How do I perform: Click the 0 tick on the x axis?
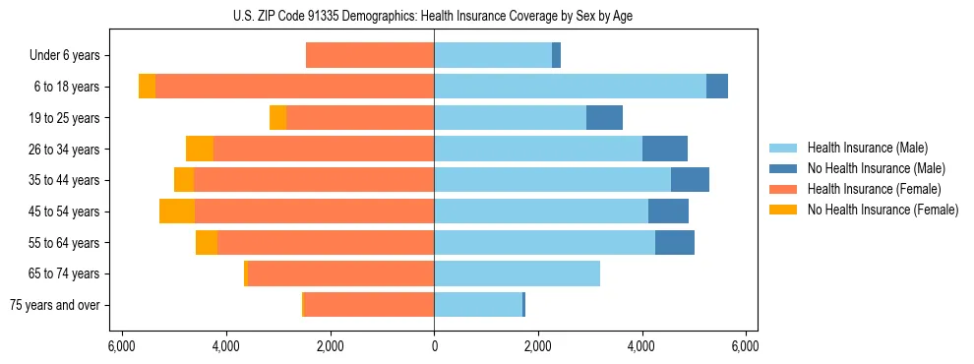[x=434, y=345]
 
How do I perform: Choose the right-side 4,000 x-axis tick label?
[x=641, y=345]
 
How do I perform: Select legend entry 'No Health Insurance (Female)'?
[x=883, y=210]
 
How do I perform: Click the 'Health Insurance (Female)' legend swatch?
[x=784, y=189]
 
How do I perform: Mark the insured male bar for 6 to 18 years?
[x=570, y=87]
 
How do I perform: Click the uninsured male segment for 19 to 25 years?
[x=604, y=118]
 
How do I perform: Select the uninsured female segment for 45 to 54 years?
[x=177, y=212]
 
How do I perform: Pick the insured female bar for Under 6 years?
[x=370, y=56]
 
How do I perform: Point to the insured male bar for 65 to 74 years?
[x=517, y=273]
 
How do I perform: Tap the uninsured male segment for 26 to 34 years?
[x=665, y=150]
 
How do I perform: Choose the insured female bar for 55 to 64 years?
[x=326, y=243]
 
